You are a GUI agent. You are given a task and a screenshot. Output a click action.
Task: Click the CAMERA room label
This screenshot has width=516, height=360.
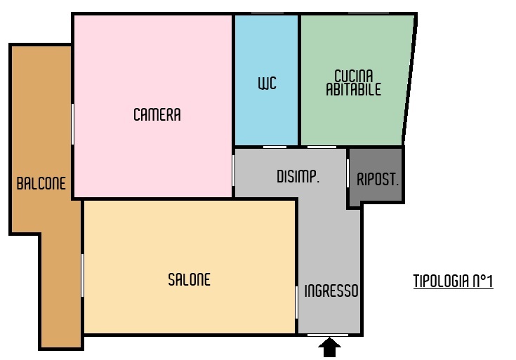pos(157,114)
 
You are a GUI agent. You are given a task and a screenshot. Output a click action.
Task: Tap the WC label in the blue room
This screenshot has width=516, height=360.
pos(267,84)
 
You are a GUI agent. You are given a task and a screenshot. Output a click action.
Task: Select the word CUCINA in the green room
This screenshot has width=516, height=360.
pos(354,76)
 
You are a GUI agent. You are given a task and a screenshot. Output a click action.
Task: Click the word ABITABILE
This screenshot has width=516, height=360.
pos(353,90)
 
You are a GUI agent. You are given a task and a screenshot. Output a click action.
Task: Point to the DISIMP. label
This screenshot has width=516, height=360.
pos(298,177)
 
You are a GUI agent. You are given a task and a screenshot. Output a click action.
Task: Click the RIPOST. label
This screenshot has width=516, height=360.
pos(378,180)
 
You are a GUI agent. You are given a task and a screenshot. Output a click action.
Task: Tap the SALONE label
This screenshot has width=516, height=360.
pos(190,280)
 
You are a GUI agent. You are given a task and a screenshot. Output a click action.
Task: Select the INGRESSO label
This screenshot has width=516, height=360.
pos(331,291)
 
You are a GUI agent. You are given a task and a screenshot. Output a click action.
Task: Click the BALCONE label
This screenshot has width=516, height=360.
pos(41,183)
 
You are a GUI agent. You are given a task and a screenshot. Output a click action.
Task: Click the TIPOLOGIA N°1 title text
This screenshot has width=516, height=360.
pos(453,281)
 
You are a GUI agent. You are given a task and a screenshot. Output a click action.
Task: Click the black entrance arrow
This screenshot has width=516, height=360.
pos(329,347)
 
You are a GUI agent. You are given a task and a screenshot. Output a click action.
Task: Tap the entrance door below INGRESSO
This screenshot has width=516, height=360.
pos(328,335)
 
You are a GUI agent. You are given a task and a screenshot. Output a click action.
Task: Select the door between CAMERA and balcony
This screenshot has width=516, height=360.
pos(72,124)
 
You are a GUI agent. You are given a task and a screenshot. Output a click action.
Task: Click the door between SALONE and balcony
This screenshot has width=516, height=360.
pos(82,275)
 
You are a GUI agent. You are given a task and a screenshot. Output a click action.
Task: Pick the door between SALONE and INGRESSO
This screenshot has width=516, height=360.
pos(296,302)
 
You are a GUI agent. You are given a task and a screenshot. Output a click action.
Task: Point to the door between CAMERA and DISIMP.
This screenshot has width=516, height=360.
pos(233,171)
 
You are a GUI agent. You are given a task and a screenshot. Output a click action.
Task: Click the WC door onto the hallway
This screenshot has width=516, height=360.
pos(274,147)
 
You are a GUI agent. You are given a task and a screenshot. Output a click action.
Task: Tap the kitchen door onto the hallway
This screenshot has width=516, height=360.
pos(322,147)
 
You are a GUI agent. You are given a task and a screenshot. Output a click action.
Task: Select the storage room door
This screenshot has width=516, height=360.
pos(348,173)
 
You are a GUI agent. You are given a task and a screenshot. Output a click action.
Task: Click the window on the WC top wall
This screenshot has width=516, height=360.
pos(267,13)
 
